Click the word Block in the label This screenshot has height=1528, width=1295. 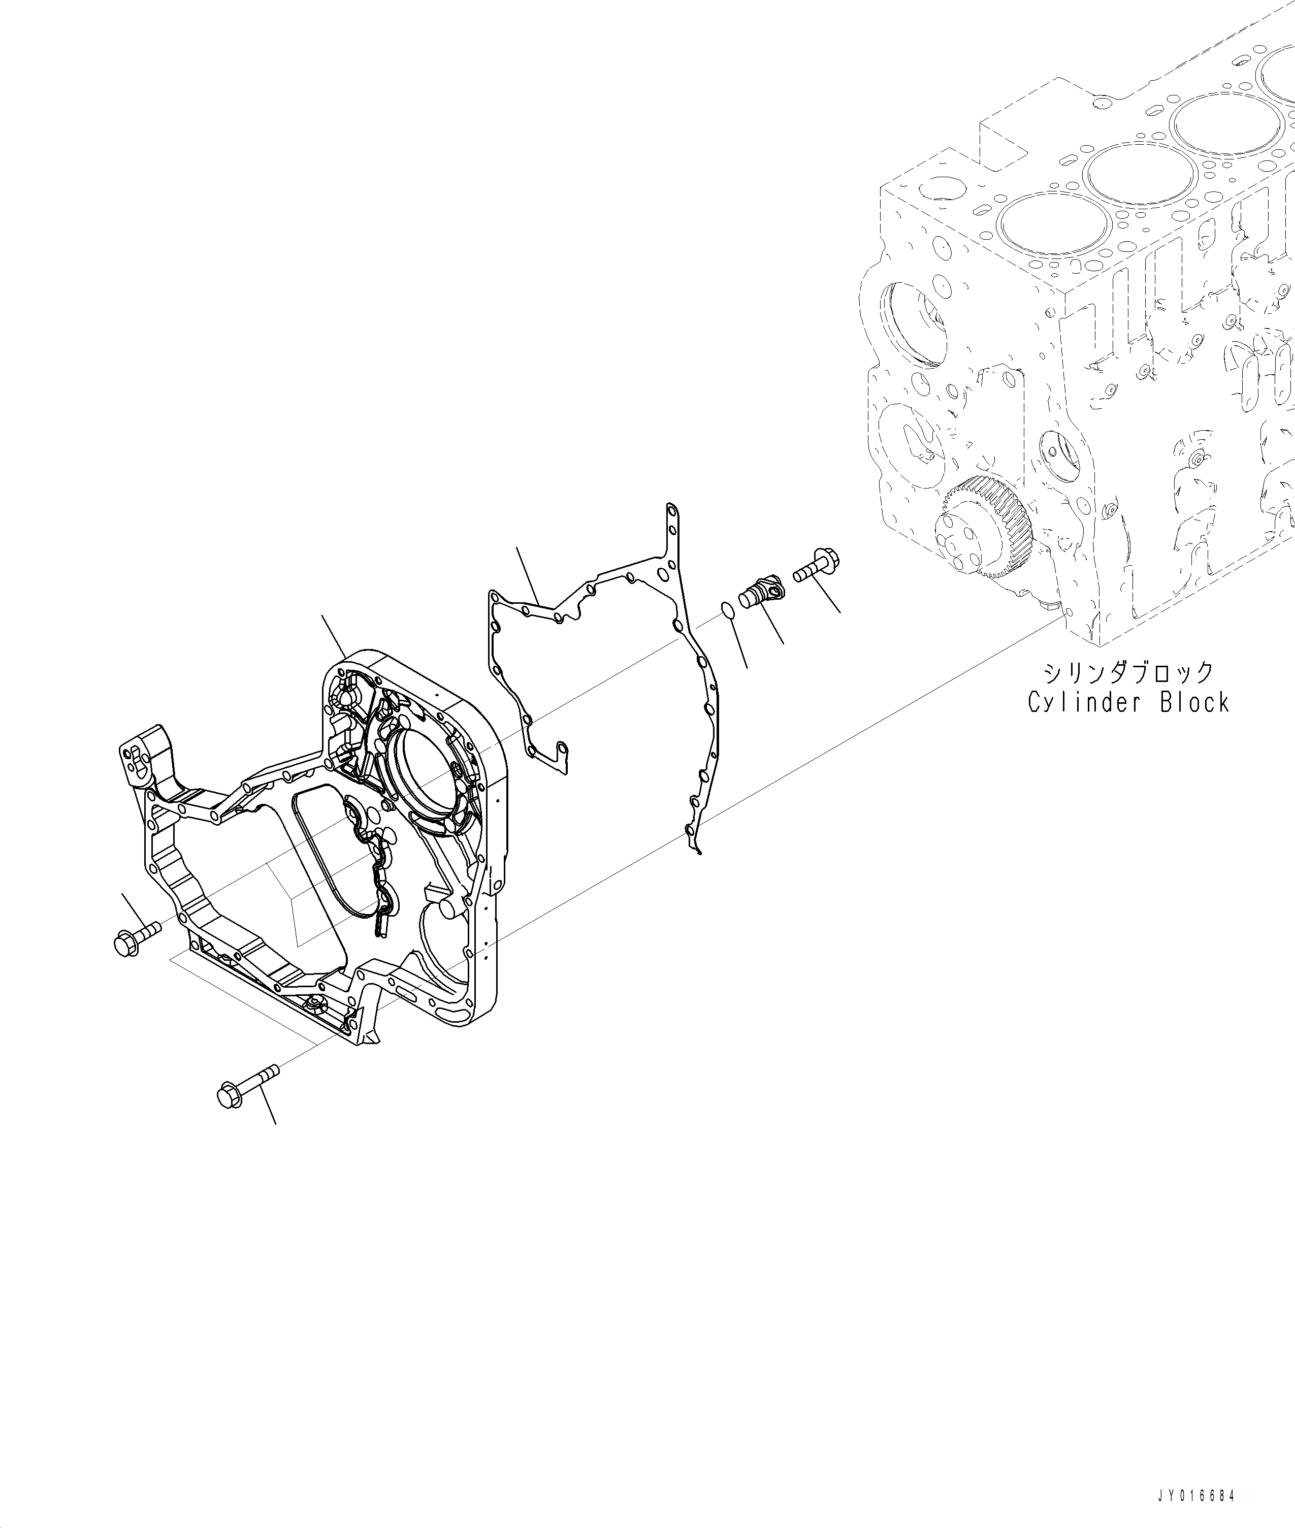pos(1194,703)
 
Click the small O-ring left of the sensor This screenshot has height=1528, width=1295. pos(726,610)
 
